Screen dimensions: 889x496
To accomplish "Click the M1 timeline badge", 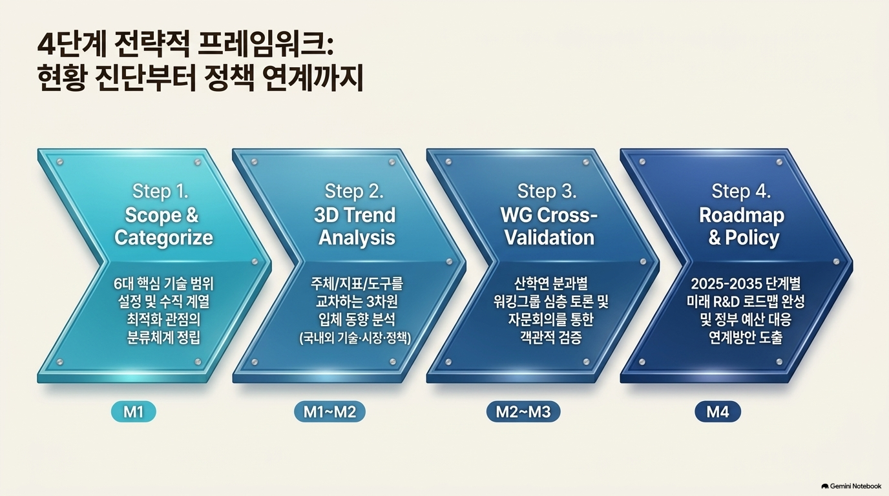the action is [x=133, y=412].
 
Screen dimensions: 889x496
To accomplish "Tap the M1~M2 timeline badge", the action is [x=329, y=412].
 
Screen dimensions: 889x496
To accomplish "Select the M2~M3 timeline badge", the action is [x=523, y=412].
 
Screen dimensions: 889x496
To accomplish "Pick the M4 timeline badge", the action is [x=718, y=412].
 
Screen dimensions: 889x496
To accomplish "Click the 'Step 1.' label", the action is [x=160, y=191].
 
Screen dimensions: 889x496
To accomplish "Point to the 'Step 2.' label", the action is [x=354, y=191].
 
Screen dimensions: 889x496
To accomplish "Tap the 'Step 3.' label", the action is [x=547, y=191].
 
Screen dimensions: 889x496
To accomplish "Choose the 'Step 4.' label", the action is [x=741, y=191].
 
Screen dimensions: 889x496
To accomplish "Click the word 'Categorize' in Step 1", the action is [x=163, y=238].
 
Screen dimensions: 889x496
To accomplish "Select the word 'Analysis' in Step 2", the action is [x=357, y=238].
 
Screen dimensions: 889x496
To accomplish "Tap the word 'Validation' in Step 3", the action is [x=549, y=238].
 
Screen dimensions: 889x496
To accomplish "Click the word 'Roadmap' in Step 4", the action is [x=742, y=216].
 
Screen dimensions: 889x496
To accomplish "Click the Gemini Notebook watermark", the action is [x=852, y=486].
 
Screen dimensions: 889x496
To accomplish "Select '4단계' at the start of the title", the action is [x=72, y=46].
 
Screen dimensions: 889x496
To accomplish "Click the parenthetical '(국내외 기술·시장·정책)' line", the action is [x=355, y=338].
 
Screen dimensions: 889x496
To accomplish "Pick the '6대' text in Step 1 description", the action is [x=123, y=284].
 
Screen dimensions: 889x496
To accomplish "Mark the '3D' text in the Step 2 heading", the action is [x=326, y=216].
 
